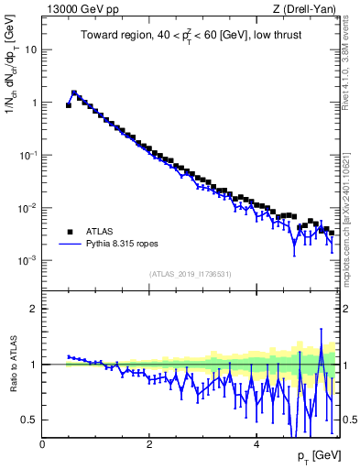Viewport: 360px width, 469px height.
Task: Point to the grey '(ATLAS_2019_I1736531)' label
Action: pos(191,274)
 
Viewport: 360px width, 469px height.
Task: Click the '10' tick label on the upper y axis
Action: pos(31,49)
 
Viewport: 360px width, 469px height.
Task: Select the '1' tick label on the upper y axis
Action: pos(34,103)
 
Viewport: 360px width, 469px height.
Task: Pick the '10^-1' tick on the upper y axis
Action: pos(29,155)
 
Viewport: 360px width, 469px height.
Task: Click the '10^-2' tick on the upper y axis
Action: pos(29,208)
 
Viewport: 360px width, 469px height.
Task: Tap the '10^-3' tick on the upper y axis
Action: pos(29,261)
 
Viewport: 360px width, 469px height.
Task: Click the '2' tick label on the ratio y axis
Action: pos(34,309)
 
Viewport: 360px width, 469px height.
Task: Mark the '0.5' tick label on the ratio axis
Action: pos(30,420)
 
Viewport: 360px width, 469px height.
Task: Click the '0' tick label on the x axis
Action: pos(42,443)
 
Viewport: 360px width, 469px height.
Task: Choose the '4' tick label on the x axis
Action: pos(256,443)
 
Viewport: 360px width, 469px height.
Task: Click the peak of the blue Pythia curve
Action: pos(73,92)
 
